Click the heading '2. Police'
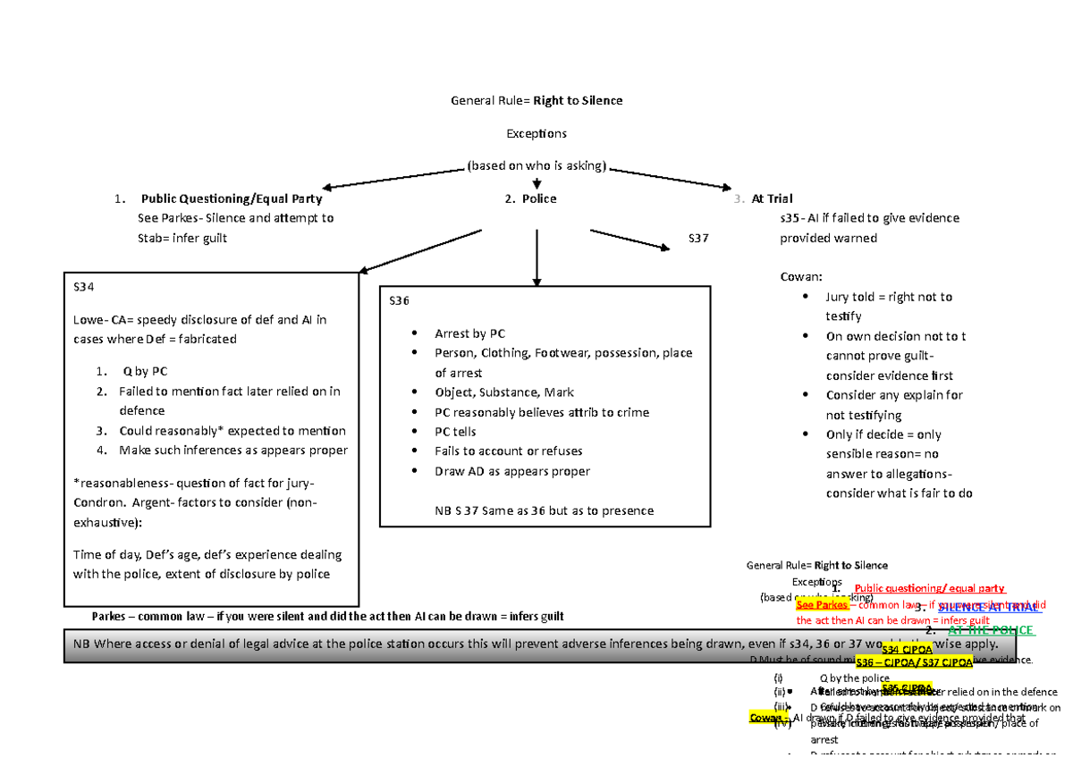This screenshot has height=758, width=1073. click(x=531, y=198)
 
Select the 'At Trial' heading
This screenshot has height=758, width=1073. click(x=773, y=198)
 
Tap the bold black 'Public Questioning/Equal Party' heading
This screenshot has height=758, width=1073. click(x=231, y=198)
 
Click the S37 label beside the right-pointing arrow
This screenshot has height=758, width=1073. click(x=697, y=238)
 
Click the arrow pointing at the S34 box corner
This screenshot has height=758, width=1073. click(x=420, y=250)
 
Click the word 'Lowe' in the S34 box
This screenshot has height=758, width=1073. click(x=88, y=319)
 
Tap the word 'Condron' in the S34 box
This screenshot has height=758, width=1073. click(x=97, y=501)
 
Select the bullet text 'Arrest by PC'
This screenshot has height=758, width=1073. click(x=470, y=333)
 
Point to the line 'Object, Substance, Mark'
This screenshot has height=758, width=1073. click(x=504, y=392)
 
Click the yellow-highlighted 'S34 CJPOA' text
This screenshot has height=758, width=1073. click(x=908, y=650)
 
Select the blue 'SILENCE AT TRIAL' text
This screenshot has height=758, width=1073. click(x=988, y=607)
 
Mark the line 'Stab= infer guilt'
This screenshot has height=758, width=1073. click(x=182, y=238)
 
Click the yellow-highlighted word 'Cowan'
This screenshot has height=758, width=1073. click(x=766, y=719)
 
